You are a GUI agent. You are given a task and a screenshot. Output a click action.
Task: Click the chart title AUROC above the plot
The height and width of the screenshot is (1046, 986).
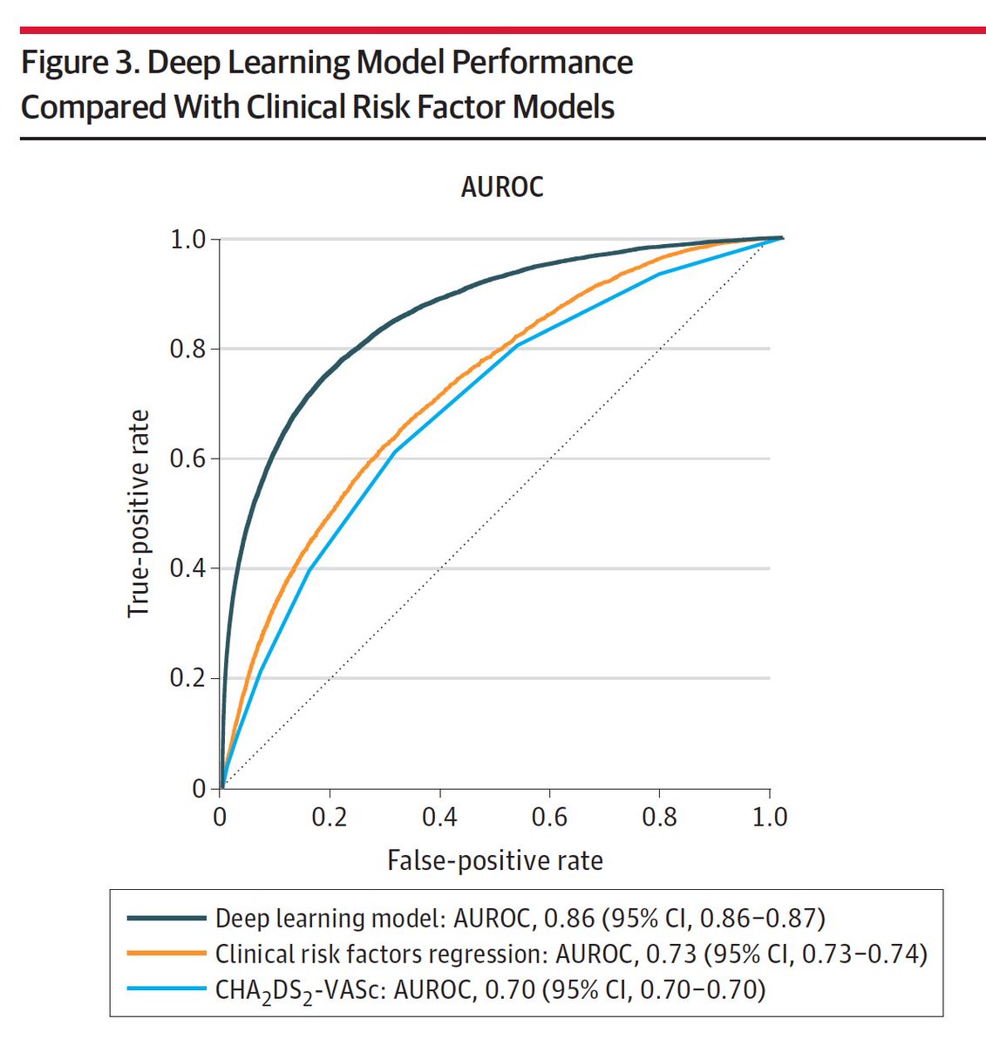(502, 187)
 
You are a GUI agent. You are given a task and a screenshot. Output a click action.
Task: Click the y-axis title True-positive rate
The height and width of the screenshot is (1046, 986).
(139, 513)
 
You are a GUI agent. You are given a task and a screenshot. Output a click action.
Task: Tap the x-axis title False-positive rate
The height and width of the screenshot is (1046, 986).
(494, 860)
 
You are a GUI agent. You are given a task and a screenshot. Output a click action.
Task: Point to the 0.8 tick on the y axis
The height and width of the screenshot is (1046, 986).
(188, 349)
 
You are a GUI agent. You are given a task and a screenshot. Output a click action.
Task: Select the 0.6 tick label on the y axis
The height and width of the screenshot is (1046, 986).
(188, 458)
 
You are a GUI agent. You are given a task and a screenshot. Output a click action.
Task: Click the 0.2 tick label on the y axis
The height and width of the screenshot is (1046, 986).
(188, 678)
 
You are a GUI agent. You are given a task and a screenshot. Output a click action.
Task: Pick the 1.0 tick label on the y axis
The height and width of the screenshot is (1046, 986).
(188, 239)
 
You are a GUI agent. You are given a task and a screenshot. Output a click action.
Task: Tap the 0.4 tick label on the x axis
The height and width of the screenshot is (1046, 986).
(439, 817)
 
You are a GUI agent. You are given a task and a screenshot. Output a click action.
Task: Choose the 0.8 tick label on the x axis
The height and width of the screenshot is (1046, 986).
(659, 817)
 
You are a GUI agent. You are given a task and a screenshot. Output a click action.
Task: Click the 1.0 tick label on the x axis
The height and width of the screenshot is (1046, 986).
(769, 817)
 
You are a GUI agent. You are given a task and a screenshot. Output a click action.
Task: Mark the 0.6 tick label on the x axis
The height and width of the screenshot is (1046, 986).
(549, 817)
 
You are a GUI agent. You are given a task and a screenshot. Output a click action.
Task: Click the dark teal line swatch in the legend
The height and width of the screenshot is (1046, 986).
(166, 918)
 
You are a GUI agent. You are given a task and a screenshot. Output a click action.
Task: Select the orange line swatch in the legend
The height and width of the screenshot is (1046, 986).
(166, 954)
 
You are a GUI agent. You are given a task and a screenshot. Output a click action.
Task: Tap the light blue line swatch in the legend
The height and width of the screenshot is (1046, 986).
(166, 989)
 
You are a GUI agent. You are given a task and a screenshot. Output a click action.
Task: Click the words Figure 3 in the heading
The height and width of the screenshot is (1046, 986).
(77, 64)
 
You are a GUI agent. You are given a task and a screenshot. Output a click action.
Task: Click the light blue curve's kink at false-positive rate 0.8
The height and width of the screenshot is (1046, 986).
(659, 274)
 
